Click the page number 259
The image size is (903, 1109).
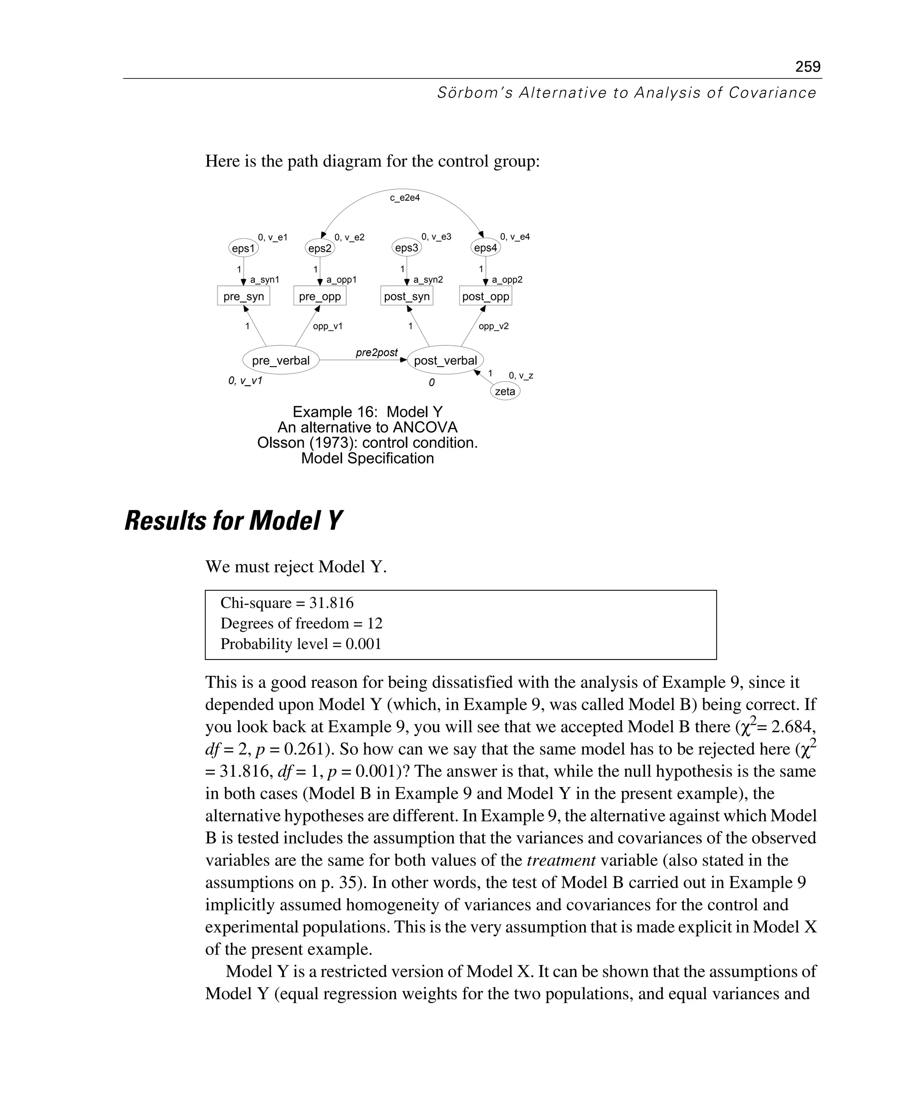[x=807, y=67]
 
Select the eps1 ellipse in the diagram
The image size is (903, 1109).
[x=243, y=248]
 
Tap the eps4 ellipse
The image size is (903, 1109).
[x=485, y=248]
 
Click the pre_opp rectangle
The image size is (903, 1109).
[x=320, y=296]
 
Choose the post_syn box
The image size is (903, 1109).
[x=407, y=296]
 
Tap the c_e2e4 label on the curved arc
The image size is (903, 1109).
[x=405, y=198]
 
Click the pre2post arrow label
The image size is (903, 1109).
[x=377, y=353]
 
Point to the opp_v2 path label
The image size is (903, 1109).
[x=493, y=327]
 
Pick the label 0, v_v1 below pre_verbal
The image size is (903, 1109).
[x=245, y=381]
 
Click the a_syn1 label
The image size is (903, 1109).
[x=265, y=280]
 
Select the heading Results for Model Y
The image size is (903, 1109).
[x=234, y=521]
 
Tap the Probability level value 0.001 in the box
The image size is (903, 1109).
[x=363, y=644]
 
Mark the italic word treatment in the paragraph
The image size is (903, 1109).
[x=561, y=861]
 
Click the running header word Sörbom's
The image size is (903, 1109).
[x=474, y=93]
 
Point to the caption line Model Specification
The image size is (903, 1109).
[x=367, y=458]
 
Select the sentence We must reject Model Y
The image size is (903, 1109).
[x=296, y=567]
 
